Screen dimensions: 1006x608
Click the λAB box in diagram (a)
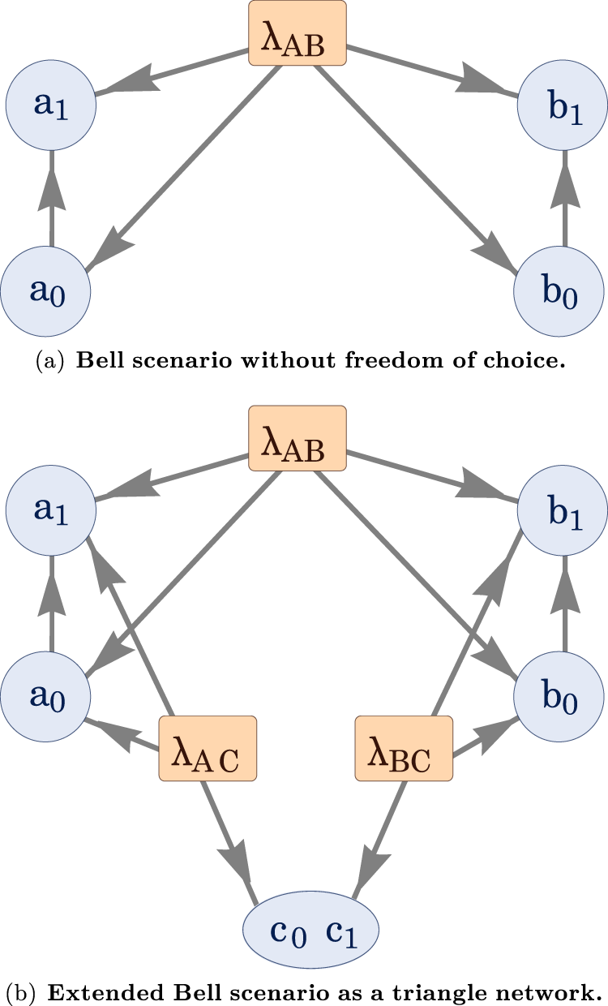pyautogui.click(x=298, y=33)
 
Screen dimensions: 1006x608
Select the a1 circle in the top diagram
pyautogui.click(x=51, y=104)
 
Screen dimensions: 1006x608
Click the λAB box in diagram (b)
pyautogui.click(x=298, y=439)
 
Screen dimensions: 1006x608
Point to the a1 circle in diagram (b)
pyautogui.click(x=51, y=509)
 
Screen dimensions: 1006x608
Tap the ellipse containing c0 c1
pyautogui.click(x=312, y=933)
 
